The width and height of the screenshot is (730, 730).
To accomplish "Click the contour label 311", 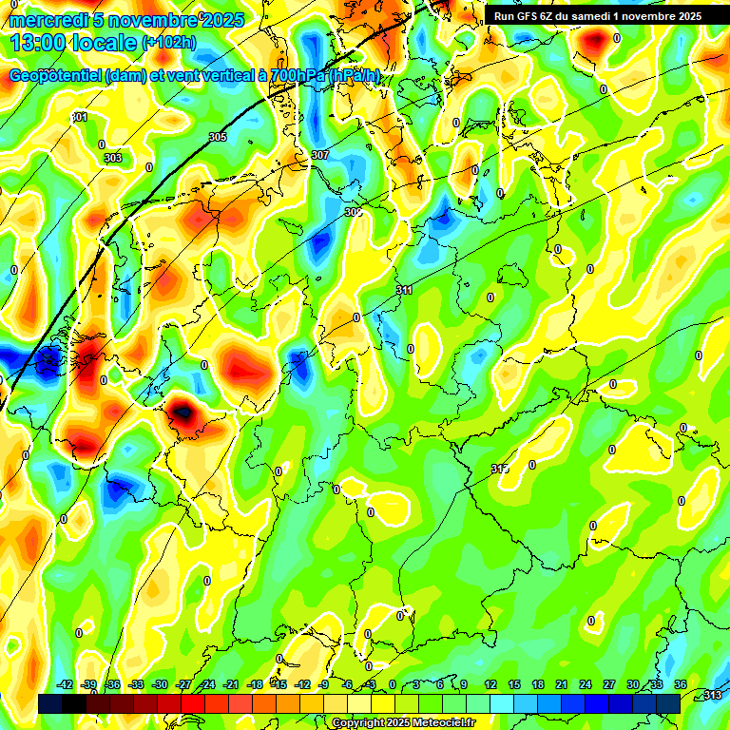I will point(404,289).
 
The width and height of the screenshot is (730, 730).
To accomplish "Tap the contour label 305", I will point(218,137).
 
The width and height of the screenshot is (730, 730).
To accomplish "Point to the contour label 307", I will point(319,155).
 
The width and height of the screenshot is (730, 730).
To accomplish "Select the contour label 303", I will point(113,158).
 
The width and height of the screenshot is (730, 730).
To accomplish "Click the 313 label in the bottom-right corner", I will point(711,695).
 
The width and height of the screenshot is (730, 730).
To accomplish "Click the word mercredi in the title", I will point(46,20).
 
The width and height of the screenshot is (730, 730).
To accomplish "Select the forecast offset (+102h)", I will point(168,43).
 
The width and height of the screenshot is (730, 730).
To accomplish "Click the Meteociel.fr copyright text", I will point(403,722).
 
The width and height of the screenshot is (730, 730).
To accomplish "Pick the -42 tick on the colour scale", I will point(65,684).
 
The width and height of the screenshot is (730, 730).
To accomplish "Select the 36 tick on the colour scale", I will point(681,684).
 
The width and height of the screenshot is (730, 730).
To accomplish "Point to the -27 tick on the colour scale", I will point(183,684).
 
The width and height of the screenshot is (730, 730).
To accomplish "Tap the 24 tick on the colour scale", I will point(585,684).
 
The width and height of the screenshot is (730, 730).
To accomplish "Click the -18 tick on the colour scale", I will point(255,684).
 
